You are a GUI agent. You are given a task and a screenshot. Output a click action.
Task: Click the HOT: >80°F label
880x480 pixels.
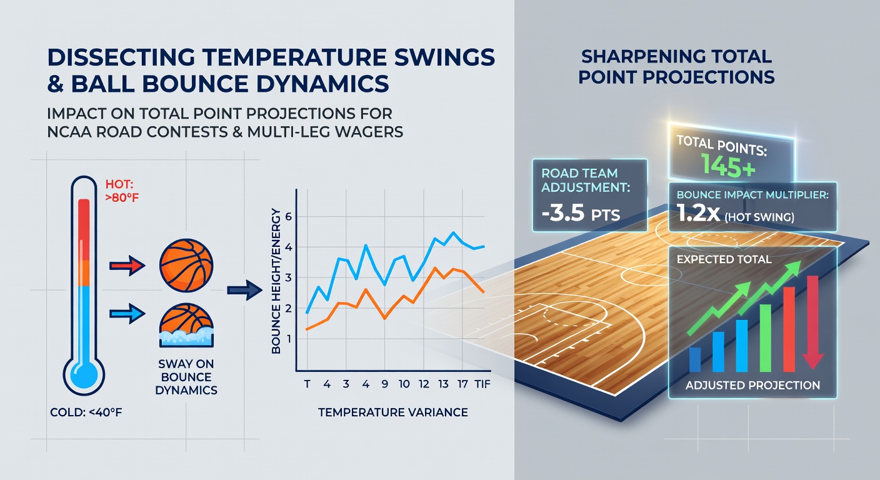coord(122,191)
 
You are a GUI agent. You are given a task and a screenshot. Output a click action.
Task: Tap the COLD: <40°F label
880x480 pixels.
coord(86,412)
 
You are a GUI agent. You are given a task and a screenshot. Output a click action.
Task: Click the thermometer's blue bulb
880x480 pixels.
coord(84,374)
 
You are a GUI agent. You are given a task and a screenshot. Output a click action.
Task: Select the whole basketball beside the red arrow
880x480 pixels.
coord(186,265)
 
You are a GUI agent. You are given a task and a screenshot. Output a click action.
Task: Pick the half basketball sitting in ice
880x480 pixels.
coord(186,325)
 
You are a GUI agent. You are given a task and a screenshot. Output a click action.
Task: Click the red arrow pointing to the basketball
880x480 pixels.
coord(127,266)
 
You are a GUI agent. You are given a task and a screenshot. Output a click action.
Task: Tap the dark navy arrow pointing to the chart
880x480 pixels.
coord(244,290)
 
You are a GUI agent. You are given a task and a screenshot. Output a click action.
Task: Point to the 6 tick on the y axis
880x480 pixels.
coord(289,216)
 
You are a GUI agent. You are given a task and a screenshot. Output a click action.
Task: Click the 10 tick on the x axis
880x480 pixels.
coord(404,384)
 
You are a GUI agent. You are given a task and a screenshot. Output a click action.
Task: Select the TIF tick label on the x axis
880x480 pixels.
coord(482,384)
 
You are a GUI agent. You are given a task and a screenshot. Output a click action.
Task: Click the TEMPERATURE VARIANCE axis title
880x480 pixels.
coord(393,412)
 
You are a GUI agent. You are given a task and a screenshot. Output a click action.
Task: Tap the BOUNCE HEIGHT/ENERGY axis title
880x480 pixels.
coord(276,281)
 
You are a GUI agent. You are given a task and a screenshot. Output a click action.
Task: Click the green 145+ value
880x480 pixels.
coord(728,166)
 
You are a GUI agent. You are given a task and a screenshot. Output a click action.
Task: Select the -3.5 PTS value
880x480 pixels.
coord(581,213)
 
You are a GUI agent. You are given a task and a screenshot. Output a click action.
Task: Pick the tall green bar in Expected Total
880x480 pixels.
coord(766,337)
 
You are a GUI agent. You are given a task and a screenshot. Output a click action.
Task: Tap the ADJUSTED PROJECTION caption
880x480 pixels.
coord(752,386)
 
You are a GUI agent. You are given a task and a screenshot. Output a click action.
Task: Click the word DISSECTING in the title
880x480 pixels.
coord(121,57)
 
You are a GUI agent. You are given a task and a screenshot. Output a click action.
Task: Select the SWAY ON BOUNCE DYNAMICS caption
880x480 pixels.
coord(186,377)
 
